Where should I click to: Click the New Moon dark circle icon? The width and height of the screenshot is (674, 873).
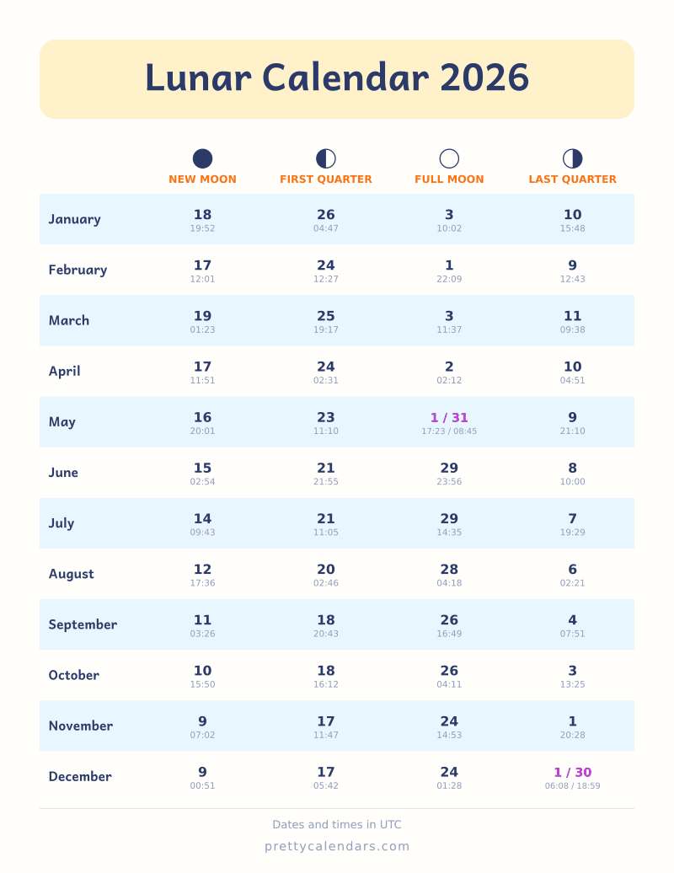pyautogui.click(x=202, y=158)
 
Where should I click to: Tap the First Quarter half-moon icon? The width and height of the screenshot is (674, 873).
pyautogui.click(x=326, y=158)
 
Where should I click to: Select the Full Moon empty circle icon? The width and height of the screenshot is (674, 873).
pyautogui.click(x=449, y=158)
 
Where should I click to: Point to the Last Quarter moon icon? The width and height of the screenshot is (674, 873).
pyautogui.click(x=573, y=158)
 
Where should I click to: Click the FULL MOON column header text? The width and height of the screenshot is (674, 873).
pyautogui.click(x=449, y=179)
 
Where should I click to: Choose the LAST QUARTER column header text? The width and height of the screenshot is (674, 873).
pyautogui.click(x=573, y=179)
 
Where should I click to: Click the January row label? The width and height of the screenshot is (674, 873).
pyautogui.click(x=75, y=219)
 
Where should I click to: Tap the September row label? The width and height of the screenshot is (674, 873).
pyautogui.click(x=83, y=624)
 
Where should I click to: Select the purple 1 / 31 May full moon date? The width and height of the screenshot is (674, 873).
pyautogui.click(x=449, y=418)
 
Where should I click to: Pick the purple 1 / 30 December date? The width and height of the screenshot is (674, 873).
pyautogui.click(x=573, y=772)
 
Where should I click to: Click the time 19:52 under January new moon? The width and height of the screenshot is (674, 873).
pyautogui.click(x=202, y=228)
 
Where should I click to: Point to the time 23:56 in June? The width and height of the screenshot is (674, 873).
pyautogui.click(x=449, y=482)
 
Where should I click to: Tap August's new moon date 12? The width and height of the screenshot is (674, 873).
pyautogui.click(x=202, y=570)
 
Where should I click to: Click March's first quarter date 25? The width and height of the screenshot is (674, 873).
pyautogui.click(x=326, y=316)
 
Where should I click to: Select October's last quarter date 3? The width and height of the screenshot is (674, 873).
pyautogui.click(x=573, y=671)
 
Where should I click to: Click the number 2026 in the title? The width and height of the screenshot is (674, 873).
pyautogui.click(x=484, y=78)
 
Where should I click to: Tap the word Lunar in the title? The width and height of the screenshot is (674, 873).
pyautogui.click(x=198, y=78)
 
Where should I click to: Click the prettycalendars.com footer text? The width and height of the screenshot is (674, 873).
pyautogui.click(x=337, y=846)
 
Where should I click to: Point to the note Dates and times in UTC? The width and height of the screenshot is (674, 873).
pyautogui.click(x=337, y=825)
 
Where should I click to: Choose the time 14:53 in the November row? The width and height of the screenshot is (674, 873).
pyautogui.click(x=449, y=735)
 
